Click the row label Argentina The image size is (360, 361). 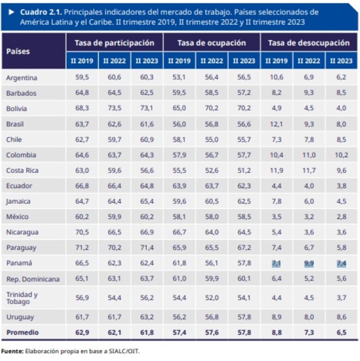pos(22,78)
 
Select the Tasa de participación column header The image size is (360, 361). pos(114,43)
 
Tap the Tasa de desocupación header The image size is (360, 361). pos(309,43)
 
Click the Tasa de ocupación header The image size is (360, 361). pos(212,43)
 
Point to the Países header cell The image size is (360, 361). pos(18,51)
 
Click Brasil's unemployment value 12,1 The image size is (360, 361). pos(276,124)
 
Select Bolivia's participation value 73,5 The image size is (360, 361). pos(114,109)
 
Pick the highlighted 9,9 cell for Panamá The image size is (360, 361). pos(309,263)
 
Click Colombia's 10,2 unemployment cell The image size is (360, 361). pos(341,155)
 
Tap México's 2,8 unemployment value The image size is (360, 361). pos(341,217)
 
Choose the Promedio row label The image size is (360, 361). pos(23,332)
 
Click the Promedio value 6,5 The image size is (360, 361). pos(341,332)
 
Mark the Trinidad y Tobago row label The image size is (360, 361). pos(22,298)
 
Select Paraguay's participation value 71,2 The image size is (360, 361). pos(82,248)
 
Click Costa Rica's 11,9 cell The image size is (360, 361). pos(276,171)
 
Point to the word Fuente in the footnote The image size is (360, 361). pos(12,351)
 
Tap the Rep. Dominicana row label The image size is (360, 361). pos(33,279)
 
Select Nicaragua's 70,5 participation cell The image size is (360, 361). pos(82,232)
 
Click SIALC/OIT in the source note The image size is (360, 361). pos(122,351)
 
